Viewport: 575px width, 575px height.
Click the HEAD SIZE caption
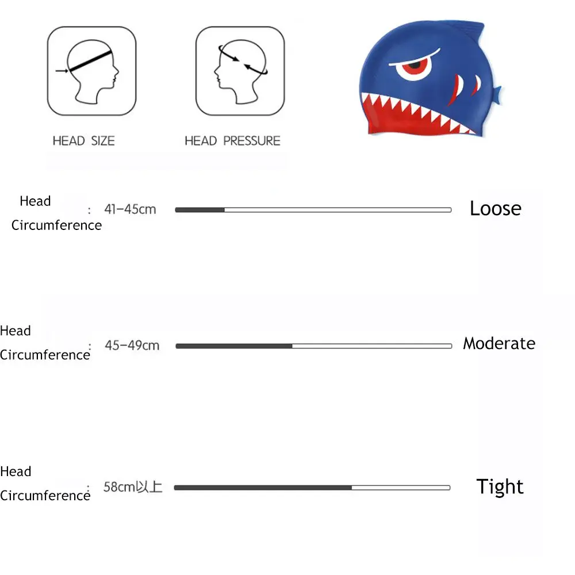[83, 141]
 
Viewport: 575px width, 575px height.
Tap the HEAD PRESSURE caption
[232, 141]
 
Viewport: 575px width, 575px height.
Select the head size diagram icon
[92, 71]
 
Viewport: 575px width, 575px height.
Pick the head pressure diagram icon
[240, 71]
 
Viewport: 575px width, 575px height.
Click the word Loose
[495, 208]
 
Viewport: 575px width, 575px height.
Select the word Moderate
[499, 344]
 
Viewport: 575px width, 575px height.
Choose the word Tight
[500, 487]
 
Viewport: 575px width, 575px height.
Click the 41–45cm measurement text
[130, 209]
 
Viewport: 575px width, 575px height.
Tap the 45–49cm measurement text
[132, 346]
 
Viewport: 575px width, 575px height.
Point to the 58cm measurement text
[133, 488]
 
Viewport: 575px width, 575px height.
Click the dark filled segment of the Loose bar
[200, 210]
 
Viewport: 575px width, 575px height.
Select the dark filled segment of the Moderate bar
[233, 346]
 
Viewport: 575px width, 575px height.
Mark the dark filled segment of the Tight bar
[262, 488]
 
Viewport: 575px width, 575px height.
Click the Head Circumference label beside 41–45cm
[56, 213]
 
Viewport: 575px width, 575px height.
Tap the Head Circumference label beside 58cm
[45, 484]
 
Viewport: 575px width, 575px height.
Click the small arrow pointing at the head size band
[62, 71]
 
